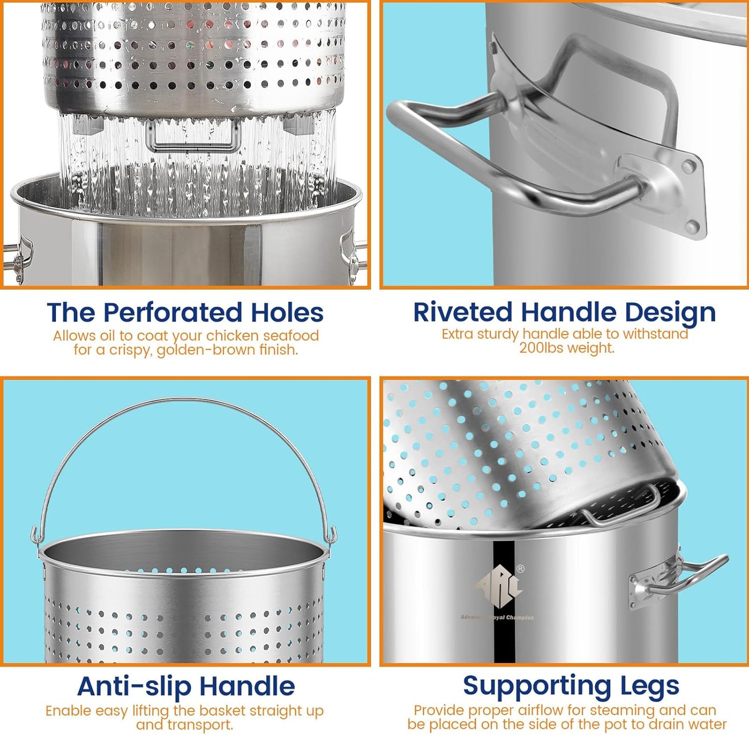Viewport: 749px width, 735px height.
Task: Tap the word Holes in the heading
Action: point(287,313)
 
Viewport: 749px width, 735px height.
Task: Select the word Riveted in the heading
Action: point(462,312)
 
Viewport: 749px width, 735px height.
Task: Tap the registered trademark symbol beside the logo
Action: point(520,569)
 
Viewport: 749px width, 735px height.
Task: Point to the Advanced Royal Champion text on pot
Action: point(497,617)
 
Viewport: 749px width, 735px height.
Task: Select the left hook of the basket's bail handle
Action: point(35,535)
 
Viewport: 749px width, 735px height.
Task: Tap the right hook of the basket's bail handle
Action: point(332,535)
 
